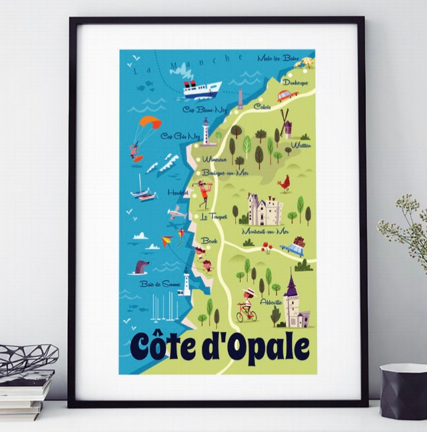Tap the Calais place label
pos(262,106)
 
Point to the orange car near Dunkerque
pos(287,95)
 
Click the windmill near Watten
pos(285,122)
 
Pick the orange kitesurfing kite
pos(150,122)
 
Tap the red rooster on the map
pos(284,184)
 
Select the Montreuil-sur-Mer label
pos(265,232)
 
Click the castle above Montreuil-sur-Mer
pos(265,209)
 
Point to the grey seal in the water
pos(141,266)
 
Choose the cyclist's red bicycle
pos(246,314)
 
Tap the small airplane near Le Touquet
pos(177,213)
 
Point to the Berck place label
pos(210,241)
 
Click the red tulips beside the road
pos(267,247)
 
